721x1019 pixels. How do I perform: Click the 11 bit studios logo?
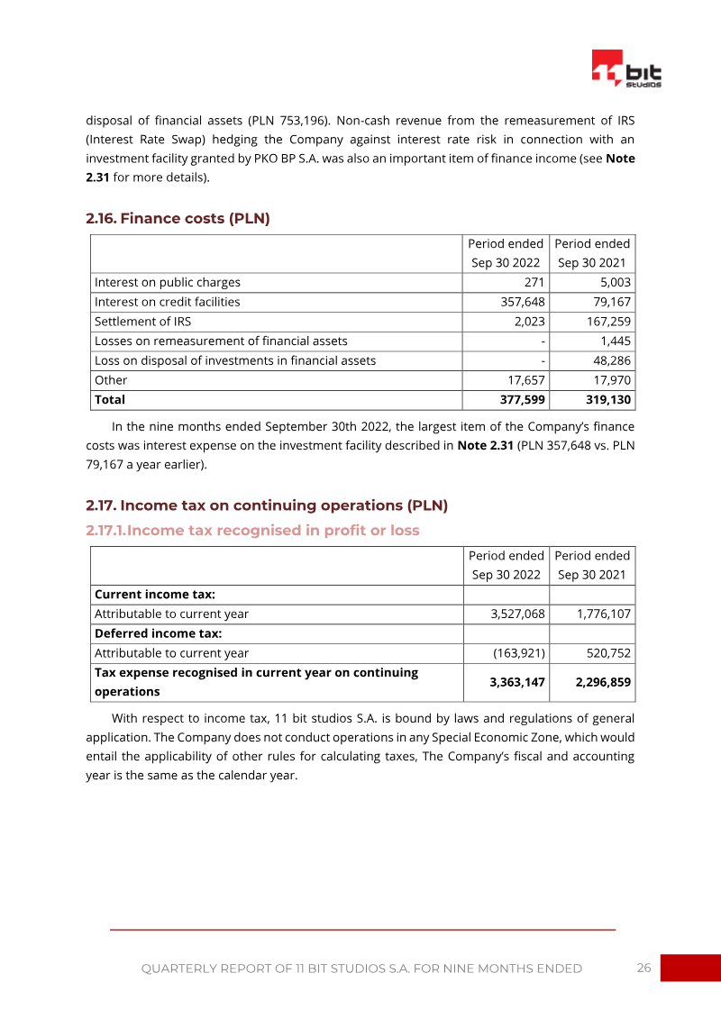click(x=626, y=68)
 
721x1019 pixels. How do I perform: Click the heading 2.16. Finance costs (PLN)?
click(x=178, y=218)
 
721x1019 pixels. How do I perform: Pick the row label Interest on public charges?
click(x=168, y=282)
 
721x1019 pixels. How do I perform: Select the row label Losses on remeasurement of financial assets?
click(x=221, y=341)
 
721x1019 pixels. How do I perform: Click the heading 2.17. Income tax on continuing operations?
click(x=266, y=505)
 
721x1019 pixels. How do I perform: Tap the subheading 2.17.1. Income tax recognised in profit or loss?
click(x=252, y=530)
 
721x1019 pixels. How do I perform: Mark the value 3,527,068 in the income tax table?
click(x=517, y=614)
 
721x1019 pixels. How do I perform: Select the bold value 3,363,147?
click(x=517, y=682)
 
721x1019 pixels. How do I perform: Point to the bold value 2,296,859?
click(x=603, y=682)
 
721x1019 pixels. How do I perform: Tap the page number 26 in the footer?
click(x=643, y=968)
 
